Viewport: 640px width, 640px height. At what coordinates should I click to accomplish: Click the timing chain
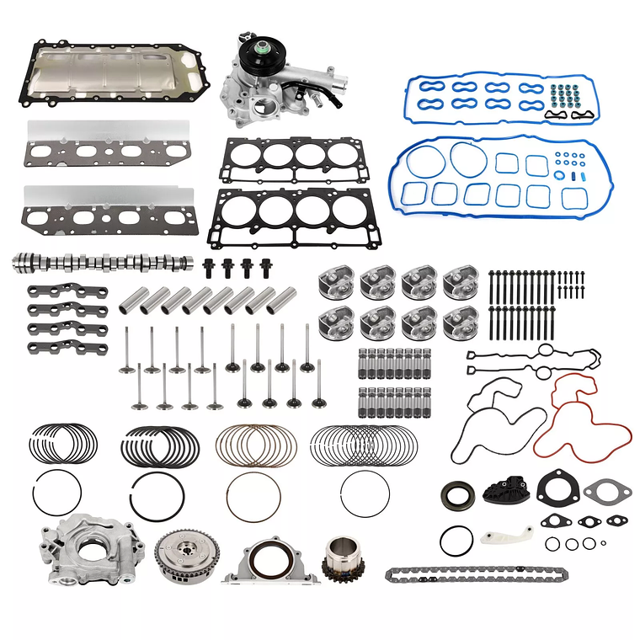477,574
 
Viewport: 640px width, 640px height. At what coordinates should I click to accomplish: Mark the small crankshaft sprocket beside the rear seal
343,559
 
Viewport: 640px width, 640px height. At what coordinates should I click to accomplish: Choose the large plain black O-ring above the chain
456,541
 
